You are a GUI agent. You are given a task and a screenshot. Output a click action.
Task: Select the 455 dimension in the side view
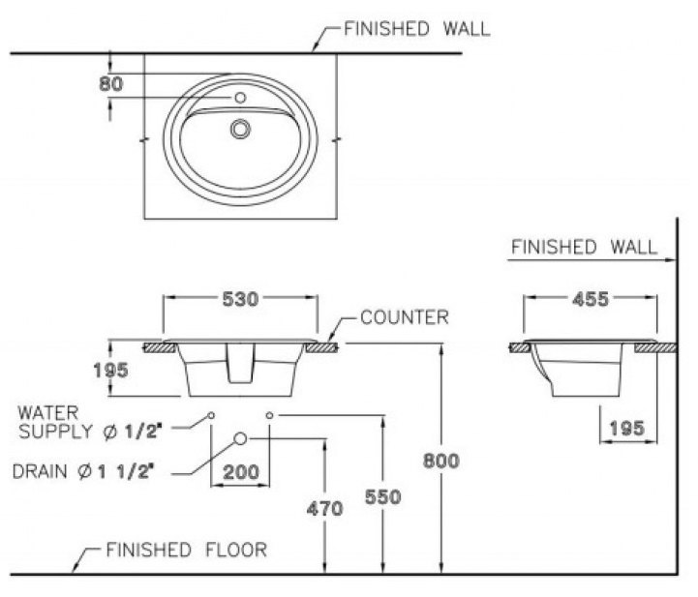point(590,300)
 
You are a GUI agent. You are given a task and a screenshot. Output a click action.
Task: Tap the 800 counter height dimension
point(442,461)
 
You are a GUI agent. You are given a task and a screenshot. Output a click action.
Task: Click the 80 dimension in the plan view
point(111,84)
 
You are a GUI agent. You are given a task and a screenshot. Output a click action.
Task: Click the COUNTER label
point(404,316)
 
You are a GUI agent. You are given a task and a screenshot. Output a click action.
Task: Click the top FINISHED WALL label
point(417,29)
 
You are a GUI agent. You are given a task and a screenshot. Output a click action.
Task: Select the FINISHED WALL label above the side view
point(583,248)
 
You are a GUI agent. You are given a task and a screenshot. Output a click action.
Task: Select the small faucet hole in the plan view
point(240,98)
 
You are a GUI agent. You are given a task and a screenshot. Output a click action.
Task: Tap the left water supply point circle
point(211,415)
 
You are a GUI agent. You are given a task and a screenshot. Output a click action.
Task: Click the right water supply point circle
point(269,415)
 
